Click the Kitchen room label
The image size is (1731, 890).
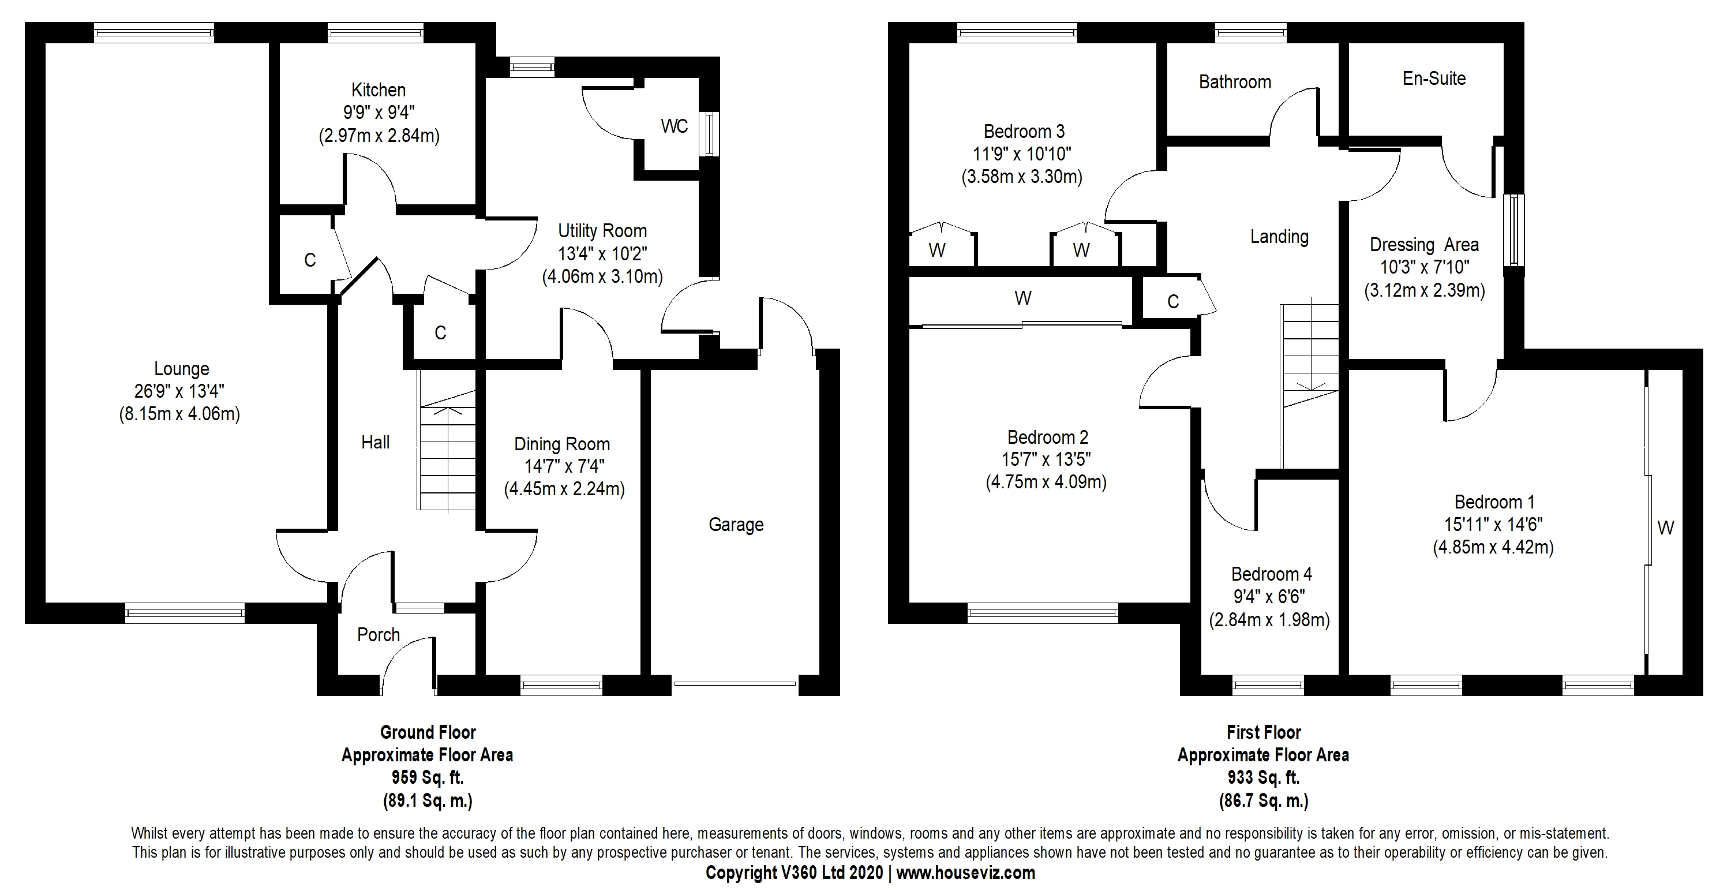[379, 90]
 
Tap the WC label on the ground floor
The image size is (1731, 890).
[674, 126]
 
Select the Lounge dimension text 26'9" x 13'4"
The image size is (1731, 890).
[179, 391]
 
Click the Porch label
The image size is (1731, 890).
[379, 634]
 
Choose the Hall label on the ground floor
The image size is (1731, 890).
[375, 442]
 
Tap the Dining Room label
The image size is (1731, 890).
[562, 444]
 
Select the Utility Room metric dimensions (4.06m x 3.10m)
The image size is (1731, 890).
[602, 277]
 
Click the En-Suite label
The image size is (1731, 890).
[1434, 78]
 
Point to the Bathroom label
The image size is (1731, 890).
[1235, 82]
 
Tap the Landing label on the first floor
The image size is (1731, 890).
[1279, 237]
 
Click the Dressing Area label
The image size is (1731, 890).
[1424, 245]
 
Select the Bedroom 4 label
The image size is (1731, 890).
[1271, 574]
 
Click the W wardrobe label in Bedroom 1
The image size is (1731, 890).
[1665, 528]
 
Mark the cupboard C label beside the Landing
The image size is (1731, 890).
[1172, 302]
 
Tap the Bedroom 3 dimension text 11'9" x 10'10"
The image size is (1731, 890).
[1021, 155]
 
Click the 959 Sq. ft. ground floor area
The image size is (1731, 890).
[428, 778]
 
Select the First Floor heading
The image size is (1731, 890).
[1263, 732]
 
